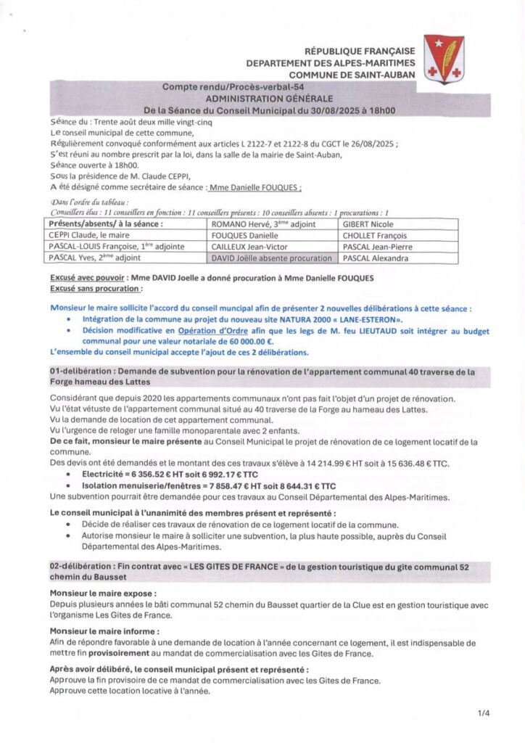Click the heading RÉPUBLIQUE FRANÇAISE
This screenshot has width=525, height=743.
pyautogui.click(x=360, y=51)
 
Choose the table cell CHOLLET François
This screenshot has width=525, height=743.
pyautogui.click(x=374, y=236)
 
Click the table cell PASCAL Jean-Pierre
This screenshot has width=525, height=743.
pyautogui.click(x=378, y=247)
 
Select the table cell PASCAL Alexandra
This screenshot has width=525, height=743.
pyautogui.click(x=376, y=258)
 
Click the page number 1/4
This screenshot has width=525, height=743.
pyautogui.click(x=484, y=713)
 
